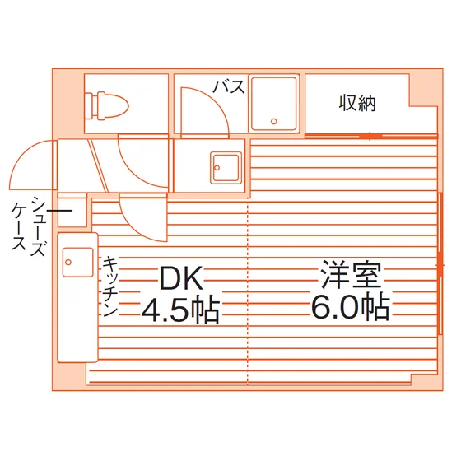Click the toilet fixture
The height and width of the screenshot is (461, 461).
point(106,105)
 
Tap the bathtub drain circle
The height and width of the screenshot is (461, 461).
point(274,121)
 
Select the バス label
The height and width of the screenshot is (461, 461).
point(229,86)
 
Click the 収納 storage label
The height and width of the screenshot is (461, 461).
point(357,103)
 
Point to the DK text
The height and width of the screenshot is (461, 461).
point(181,278)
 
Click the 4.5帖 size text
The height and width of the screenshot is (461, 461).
point(181,311)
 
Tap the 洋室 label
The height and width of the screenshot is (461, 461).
point(352,274)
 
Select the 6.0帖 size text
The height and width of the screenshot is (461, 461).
point(351,307)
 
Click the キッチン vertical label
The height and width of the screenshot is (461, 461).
point(110,286)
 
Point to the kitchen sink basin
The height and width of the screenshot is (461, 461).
point(78,262)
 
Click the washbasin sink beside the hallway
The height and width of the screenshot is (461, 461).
point(226,168)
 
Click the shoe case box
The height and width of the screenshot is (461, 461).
point(72,210)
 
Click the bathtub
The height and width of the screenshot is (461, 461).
point(273,104)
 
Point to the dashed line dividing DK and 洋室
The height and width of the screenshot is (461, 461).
point(248,293)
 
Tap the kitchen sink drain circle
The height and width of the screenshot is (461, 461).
point(68,262)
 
